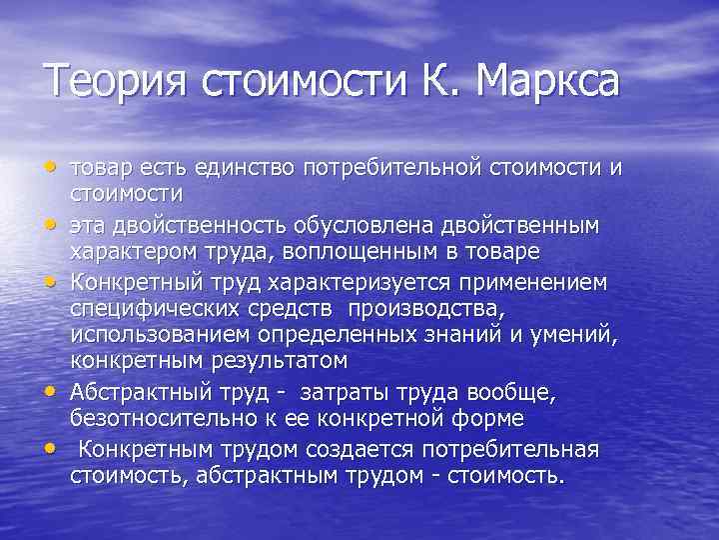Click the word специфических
(x=153, y=309)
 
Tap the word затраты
(x=340, y=392)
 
